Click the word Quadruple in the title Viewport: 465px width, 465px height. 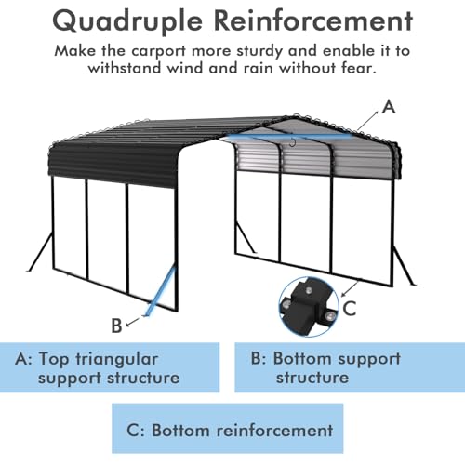pyautogui.click(x=127, y=22)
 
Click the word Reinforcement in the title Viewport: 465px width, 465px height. pyautogui.click(x=313, y=20)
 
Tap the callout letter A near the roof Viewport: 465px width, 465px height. pyautogui.click(x=389, y=107)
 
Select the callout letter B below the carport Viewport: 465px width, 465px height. pyautogui.click(x=116, y=325)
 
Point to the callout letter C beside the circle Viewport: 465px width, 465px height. pyautogui.click(x=350, y=308)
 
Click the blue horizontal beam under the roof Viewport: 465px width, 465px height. pyautogui.click(x=290, y=136)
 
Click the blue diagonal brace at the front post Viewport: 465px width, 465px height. pyautogui.click(x=160, y=292)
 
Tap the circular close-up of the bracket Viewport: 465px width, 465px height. pyautogui.click(x=309, y=307)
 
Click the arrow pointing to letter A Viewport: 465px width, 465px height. pyautogui.click(x=367, y=121)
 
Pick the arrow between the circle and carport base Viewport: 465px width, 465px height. pyautogui.click(x=351, y=288)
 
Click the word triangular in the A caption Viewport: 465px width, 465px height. pyautogui.click(x=116, y=360)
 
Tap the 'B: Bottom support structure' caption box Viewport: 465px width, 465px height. pyautogui.click(x=350, y=367)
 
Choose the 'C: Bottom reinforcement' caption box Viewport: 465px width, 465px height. pyautogui.click(x=228, y=428)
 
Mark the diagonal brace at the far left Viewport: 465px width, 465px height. pyautogui.click(x=41, y=251)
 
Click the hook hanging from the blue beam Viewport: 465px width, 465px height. pyautogui.click(x=292, y=142)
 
